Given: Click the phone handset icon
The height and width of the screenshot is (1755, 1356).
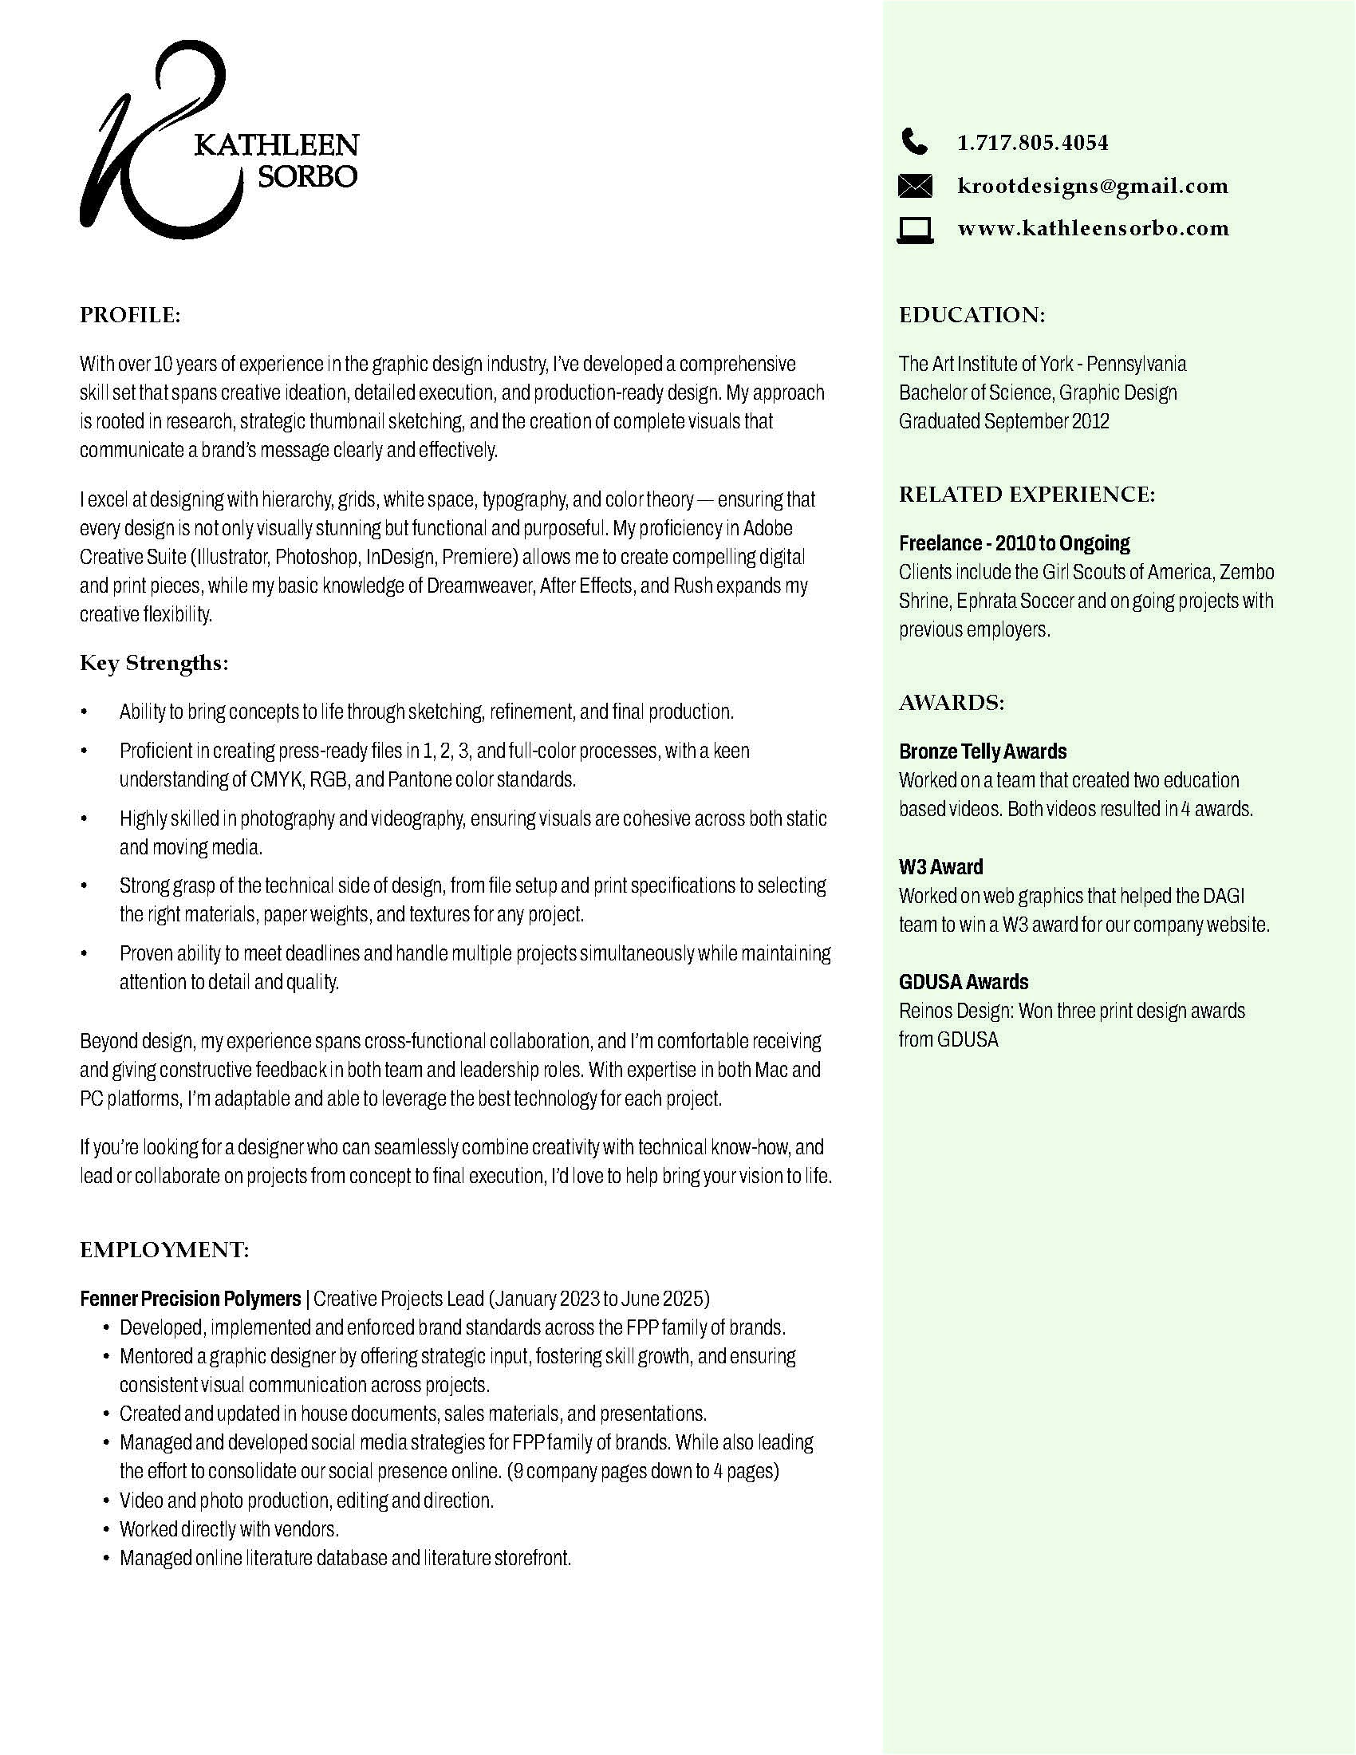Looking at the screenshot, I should [913, 142].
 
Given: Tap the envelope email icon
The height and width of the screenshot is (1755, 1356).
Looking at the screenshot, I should [914, 186].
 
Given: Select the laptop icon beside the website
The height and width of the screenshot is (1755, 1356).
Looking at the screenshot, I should [914, 229].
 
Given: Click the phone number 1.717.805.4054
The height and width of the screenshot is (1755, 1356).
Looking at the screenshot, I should [1032, 143].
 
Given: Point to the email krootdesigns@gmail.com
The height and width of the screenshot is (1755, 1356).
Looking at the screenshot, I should [1093, 187].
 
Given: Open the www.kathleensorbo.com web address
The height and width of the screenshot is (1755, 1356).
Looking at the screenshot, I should [1093, 228].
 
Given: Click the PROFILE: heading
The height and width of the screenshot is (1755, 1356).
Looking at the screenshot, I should [130, 315].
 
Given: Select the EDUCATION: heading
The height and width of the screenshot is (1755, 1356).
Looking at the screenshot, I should [972, 315].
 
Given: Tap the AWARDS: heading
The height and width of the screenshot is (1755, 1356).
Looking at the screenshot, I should [952, 703].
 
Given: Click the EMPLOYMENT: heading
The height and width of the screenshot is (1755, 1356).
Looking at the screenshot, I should [164, 1249].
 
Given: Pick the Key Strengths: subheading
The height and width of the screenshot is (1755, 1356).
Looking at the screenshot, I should [154, 663].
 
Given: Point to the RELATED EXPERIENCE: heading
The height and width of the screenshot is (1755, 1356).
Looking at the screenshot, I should [1027, 495].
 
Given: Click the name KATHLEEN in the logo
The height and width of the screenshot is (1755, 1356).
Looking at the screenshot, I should [276, 145].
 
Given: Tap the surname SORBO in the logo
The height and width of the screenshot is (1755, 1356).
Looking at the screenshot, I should [307, 176].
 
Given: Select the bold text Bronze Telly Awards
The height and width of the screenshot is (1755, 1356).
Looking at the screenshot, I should [983, 751].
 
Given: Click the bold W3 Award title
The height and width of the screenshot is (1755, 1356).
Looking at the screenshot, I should [940, 867].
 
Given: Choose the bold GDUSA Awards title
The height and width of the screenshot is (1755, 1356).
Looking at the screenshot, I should [964, 982].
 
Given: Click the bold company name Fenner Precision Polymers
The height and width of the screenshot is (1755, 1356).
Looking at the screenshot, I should [191, 1299].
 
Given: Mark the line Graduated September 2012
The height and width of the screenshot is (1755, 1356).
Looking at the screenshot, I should [1003, 421].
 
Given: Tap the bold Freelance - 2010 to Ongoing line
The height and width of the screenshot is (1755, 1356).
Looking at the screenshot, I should [1014, 543].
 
